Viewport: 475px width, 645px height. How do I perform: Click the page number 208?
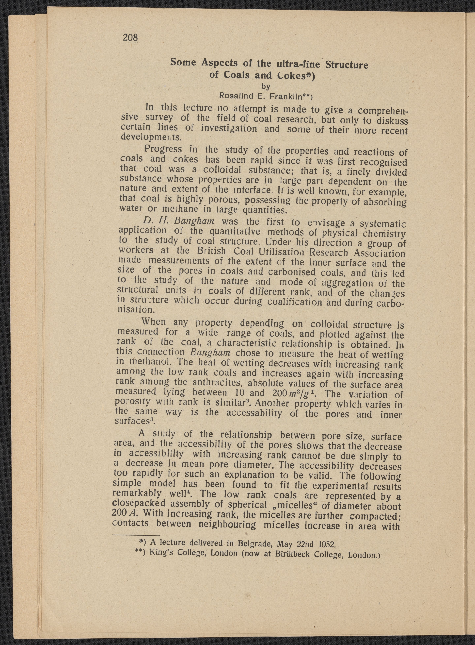coord(130,37)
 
